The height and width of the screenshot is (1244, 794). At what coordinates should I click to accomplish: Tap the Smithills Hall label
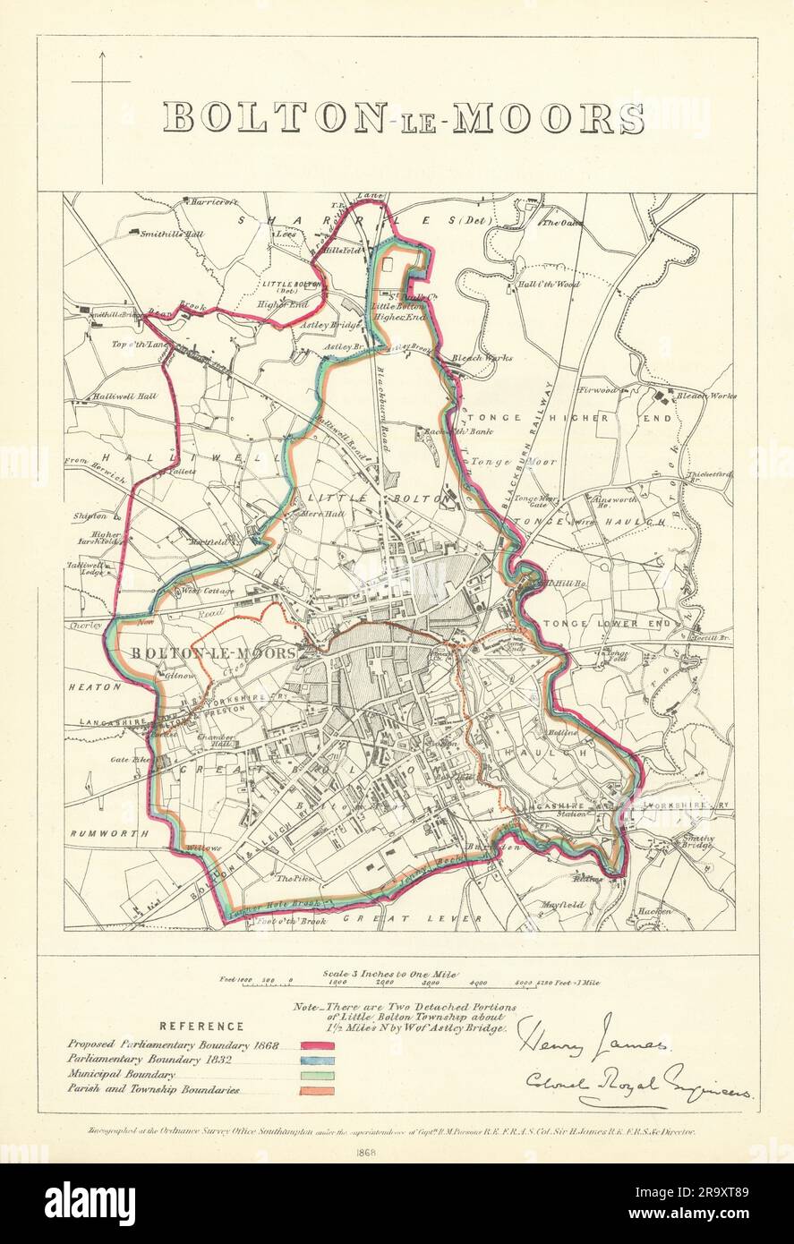(173, 234)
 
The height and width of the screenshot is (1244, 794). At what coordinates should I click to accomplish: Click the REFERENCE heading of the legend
(201, 1027)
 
